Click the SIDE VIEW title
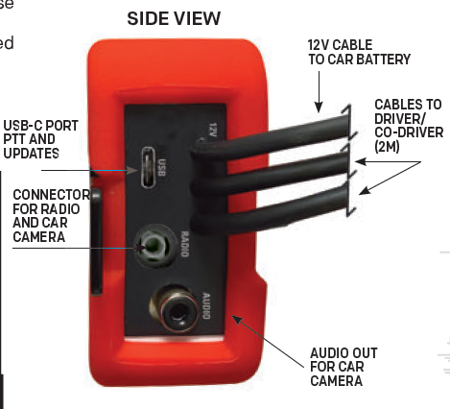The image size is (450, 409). tap(174, 18)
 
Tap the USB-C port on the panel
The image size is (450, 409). tap(148, 167)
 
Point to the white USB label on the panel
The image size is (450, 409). tap(162, 168)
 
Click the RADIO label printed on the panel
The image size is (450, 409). tap(184, 244)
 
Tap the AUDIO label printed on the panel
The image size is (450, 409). tap(206, 306)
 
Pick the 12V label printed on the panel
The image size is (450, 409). tap(212, 130)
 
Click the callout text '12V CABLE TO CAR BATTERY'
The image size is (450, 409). tap(359, 52)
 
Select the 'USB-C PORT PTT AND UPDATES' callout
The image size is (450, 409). tap(40, 139)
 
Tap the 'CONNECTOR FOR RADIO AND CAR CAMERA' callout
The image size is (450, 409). tap(51, 216)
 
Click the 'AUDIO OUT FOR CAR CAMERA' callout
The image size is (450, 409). tap(343, 367)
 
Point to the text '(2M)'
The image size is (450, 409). tap(387, 147)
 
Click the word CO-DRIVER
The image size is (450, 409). tap(409, 132)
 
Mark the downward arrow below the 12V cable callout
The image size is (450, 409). tap(319, 92)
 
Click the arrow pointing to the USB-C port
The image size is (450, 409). tap(89, 170)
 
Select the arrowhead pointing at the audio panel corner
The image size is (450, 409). tap(237, 319)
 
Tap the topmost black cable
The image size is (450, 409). tap(272, 137)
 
